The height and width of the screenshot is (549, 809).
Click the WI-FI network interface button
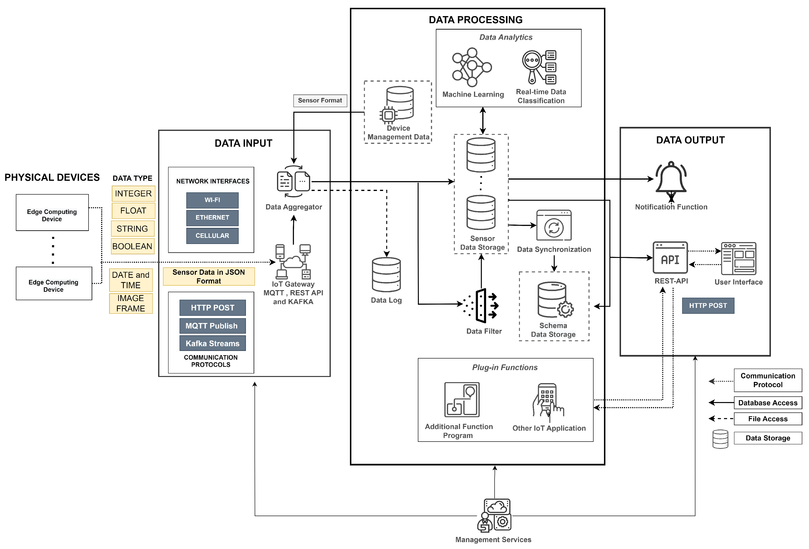pos(212,200)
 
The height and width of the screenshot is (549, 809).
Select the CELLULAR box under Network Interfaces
pos(212,235)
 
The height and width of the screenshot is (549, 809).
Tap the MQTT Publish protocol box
pos(212,326)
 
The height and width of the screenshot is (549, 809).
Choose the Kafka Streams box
pos(212,343)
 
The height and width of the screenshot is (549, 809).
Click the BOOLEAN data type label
pos(132,246)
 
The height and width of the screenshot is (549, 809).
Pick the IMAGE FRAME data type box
pos(131,303)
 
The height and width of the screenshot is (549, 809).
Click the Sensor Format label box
pos(320,101)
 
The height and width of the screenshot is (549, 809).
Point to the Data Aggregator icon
pos(293,182)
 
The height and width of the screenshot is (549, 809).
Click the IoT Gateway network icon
pos(293,262)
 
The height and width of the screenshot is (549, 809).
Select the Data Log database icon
pos(386,275)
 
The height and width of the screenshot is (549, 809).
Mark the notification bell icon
pos(671,178)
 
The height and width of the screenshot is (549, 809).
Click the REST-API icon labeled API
pos(670,258)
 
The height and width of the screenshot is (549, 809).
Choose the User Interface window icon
pos(738,258)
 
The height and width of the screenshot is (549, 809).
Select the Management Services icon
pos(495,516)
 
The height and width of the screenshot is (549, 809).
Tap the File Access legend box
pos(768,419)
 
